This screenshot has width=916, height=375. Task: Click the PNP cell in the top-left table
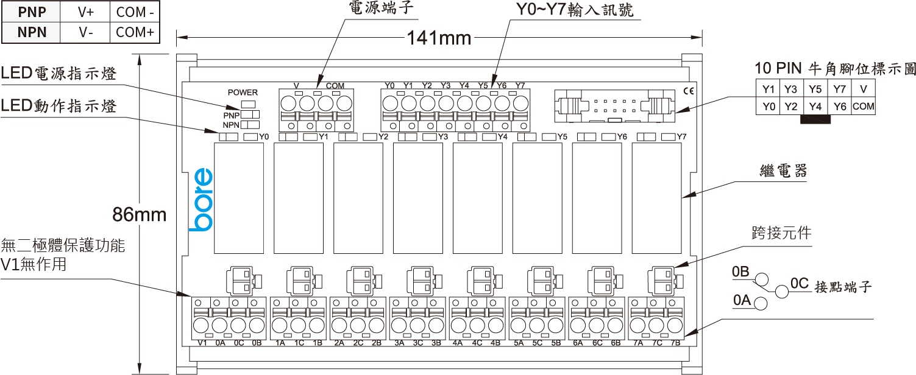pyautogui.click(x=32, y=12)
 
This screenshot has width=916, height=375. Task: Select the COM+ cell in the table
pyautogui.click(x=135, y=32)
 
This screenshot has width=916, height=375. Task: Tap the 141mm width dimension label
pyautogui.click(x=439, y=38)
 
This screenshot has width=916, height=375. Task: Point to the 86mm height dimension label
pyautogui.click(x=139, y=214)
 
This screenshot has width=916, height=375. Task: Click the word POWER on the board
pyautogui.click(x=243, y=93)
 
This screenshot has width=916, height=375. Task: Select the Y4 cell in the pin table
pyautogui.click(x=815, y=107)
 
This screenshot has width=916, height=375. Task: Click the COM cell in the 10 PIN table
pyautogui.click(x=863, y=107)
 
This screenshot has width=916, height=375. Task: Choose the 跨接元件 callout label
pyautogui.click(x=782, y=233)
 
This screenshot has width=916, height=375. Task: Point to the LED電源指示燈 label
pyautogui.click(x=59, y=74)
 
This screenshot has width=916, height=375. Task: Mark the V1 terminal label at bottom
pyautogui.click(x=203, y=343)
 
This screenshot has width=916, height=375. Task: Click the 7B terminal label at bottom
pyautogui.click(x=676, y=343)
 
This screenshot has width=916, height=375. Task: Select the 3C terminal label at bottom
pyautogui.click(x=417, y=343)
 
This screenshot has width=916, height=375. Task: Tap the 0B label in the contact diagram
pyautogui.click(x=740, y=272)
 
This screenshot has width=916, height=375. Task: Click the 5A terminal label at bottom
pyautogui.click(x=519, y=343)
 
